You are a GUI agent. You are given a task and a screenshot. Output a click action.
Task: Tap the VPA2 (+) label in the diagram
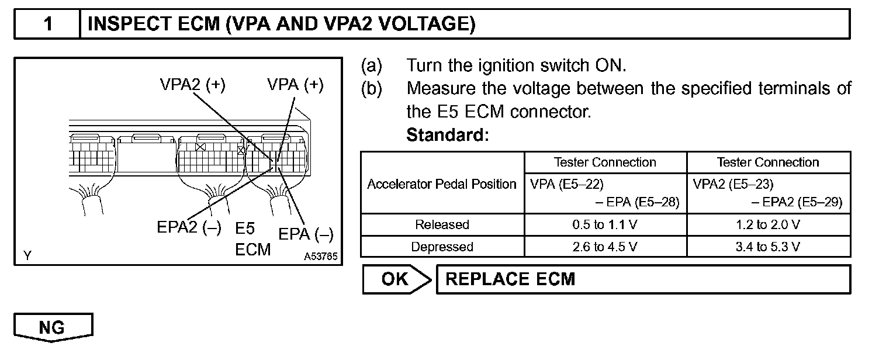(x=192, y=84)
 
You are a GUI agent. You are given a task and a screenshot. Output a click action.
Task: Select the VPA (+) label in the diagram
(x=295, y=84)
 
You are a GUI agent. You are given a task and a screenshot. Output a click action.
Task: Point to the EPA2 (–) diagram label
(x=189, y=228)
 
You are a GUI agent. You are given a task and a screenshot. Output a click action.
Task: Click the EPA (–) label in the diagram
(x=306, y=234)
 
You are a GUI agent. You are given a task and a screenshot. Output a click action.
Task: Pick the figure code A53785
(x=320, y=256)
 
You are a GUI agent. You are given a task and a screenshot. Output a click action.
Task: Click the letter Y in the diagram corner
(x=27, y=255)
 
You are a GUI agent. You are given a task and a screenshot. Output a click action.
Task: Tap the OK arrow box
(x=396, y=279)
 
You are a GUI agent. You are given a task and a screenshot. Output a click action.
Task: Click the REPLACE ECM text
(x=510, y=279)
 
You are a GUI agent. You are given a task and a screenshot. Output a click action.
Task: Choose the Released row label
(x=442, y=224)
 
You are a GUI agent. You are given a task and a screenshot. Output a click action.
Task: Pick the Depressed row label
(x=442, y=247)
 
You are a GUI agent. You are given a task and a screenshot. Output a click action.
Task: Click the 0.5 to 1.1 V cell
(x=605, y=224)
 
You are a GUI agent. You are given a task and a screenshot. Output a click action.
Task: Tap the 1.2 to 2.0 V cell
(x=768, y=224)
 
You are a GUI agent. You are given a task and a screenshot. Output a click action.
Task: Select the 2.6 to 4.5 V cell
(x=605, y=247)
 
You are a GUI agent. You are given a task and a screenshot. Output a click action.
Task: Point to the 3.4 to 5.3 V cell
(x=768, y=247)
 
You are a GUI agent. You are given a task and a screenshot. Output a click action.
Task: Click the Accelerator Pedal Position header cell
(x=442, y=184)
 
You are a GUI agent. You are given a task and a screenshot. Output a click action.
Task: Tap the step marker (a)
(x=372, y=65)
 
